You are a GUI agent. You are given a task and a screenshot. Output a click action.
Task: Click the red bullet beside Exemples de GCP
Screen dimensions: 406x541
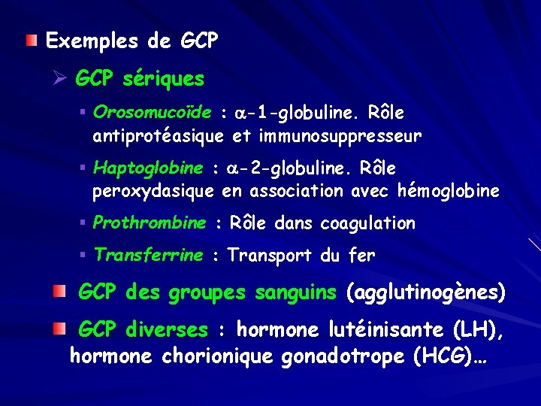(x=30, y=39)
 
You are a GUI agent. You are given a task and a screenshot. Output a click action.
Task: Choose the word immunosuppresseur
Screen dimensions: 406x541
(x=340, y=137)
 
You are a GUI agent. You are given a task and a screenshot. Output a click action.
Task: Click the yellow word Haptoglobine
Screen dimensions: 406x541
(x=148, y=167)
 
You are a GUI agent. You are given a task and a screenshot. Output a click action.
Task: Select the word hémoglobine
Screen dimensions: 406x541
(x=452, y=191)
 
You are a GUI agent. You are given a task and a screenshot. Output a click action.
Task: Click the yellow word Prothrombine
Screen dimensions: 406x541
(x=150, y=223)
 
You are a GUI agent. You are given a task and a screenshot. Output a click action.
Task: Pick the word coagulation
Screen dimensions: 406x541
(x=367, y=223)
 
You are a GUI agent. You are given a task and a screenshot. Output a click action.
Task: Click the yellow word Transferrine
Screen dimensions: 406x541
(x=148, y=255)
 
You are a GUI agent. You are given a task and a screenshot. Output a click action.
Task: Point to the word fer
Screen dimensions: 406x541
(x=361, y=256)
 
